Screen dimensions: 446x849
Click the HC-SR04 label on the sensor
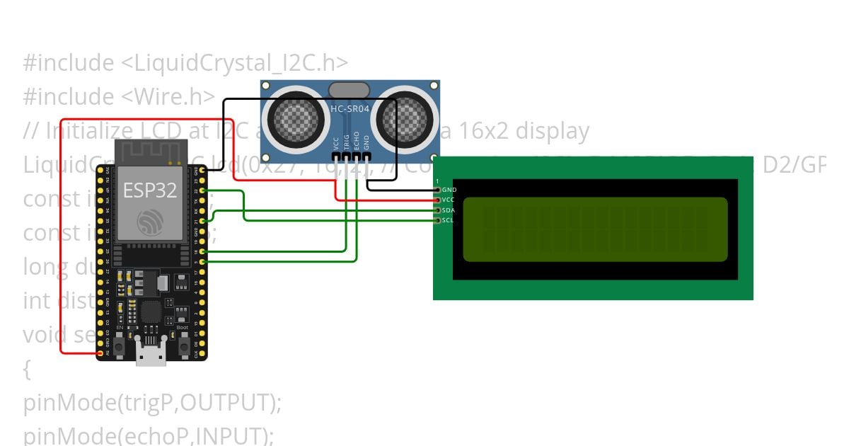(x=350, y=109)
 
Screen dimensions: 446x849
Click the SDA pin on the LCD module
(x=438, y=210)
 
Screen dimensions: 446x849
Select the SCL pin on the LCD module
(x=438, y=220)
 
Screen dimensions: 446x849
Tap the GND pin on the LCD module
(x=438, y=190)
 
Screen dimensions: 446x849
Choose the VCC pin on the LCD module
(x=438, y=200)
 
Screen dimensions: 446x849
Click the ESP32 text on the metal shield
(x=150, y=190)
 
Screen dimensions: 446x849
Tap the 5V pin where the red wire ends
(x=100, y=352)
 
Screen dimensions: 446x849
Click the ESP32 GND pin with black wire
(x=203, y=170)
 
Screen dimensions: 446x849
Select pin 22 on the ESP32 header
(x=203, y=190)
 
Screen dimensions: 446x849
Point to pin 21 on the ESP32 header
(x=203, y=221)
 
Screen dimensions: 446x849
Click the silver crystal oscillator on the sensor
(x=349, y=89)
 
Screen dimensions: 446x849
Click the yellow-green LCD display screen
(x=594, y=229)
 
